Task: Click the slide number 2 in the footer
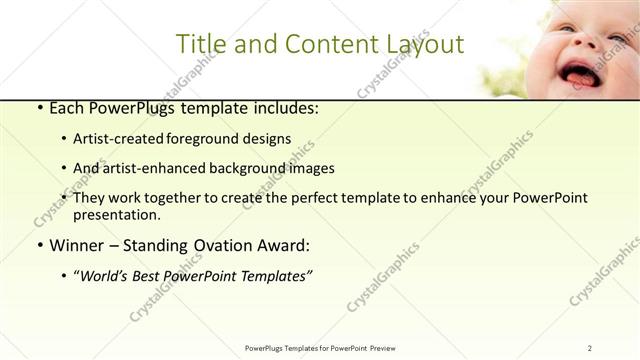(x=589, y=347)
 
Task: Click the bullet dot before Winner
(x=38, y=244)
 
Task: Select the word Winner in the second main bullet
(x=77, y=244)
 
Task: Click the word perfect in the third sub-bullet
(x=321, y=198)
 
